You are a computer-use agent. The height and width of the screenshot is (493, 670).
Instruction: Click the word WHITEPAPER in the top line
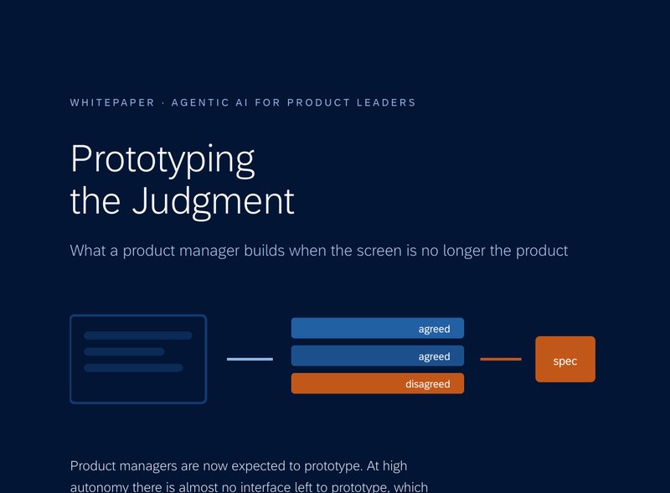tap(112, 102)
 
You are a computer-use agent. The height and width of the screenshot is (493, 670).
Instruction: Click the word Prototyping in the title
tap(162, 159)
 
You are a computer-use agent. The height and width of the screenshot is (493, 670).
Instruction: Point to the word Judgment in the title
tap(214, 201)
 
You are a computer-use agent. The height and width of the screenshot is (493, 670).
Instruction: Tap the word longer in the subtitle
tap(464, 251)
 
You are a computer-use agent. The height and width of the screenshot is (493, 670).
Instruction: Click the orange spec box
tap(564, 359)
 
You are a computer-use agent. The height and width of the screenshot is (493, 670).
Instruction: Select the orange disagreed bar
tap(378, 383)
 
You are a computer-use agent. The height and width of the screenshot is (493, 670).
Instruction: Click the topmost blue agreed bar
tap(378, 328)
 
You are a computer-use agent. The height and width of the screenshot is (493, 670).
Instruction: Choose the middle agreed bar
tap(378, 355)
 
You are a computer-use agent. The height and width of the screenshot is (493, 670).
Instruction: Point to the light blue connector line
tap(250, 359)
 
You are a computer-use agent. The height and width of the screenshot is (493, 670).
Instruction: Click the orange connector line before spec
tap(501, 359)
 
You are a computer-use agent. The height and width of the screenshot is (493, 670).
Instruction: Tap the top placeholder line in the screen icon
tap(138, 335)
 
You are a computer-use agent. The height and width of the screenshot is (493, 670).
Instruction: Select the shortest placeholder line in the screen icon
tap(124, 352)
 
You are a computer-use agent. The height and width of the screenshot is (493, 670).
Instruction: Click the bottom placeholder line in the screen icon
tap(133, 367)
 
